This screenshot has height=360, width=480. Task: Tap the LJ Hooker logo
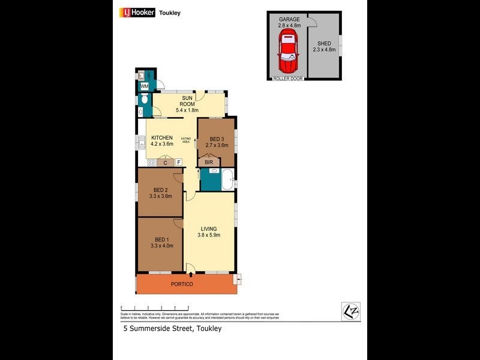point(139,12)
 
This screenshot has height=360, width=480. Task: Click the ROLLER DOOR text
point(288,79)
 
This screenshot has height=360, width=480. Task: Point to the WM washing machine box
point(145,86)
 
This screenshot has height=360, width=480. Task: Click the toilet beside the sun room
point(142,111)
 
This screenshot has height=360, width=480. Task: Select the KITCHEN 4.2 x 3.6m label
point(162,141)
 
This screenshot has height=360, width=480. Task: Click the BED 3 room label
point(217,142)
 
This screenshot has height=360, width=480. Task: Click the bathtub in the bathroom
point(227,180)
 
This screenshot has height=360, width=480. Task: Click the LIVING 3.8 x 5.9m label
point(209,231)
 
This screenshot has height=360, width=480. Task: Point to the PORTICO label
point(182,284)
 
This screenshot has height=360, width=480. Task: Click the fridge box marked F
point(178,163)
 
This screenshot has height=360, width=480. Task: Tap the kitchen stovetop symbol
point(151,163)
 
